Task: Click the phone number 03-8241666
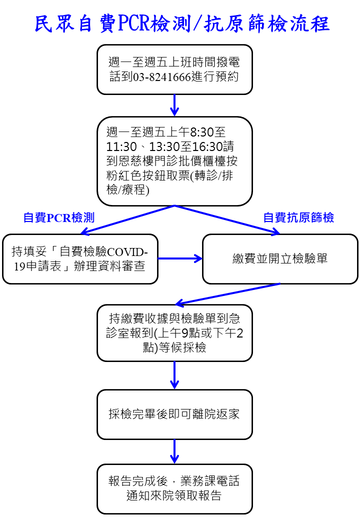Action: point(162,77)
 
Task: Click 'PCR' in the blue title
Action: point(134,23)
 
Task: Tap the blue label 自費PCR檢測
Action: point(59,217)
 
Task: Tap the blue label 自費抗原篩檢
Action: point(298,217)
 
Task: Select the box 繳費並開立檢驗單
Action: point(280,259)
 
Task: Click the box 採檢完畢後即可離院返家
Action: point(174,414)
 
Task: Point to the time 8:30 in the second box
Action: point(202,132)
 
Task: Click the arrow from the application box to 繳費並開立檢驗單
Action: point(180,258)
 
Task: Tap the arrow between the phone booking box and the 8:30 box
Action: point(174,105)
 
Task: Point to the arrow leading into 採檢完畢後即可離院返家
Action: point(174,375)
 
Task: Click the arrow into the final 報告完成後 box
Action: point(174,451)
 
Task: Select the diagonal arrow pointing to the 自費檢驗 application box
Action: point(128,220)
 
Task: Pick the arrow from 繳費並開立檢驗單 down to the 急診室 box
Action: point(227,294)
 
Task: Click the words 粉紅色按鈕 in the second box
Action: point(136,175)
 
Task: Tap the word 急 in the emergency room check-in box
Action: point(234,318)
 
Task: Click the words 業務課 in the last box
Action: point(198,481)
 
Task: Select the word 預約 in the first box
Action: point(227,77)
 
